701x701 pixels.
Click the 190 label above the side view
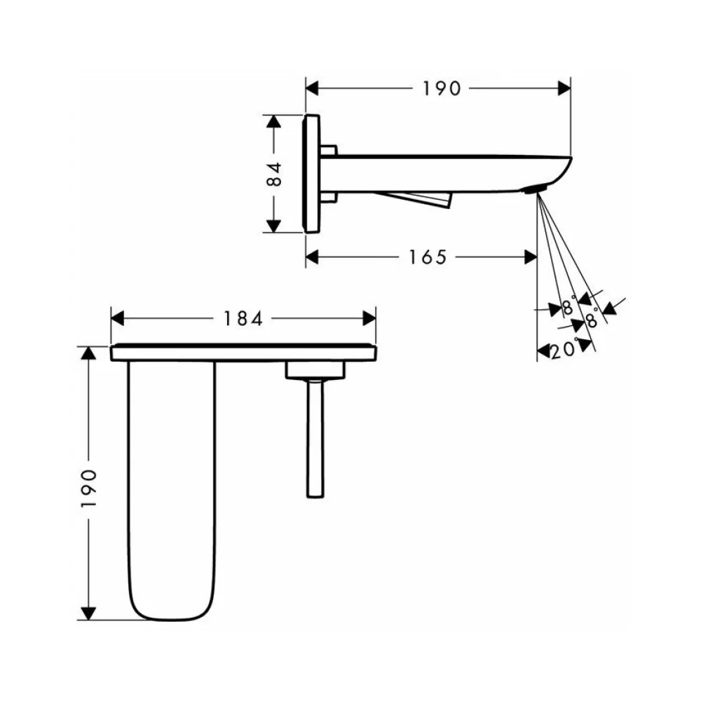(441, 88)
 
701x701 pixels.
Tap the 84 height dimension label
(274, 174)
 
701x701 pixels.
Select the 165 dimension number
(428, 257)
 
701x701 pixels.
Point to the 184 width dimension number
(243, 319)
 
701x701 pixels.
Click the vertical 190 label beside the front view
(88, 488)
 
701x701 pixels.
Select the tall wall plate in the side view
(311, 173)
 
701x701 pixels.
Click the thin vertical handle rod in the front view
(315, 438)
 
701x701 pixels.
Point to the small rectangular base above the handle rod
(315, 371)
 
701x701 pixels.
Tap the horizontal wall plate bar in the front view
(243, 353)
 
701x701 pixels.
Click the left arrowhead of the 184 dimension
(117, 319)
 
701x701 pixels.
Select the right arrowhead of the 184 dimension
(369, 319)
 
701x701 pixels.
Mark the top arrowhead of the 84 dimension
(273, 121)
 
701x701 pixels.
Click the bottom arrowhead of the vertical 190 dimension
(88, 613)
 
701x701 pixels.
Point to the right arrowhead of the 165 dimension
(530, 257)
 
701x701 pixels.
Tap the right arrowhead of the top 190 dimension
(564, 88)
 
